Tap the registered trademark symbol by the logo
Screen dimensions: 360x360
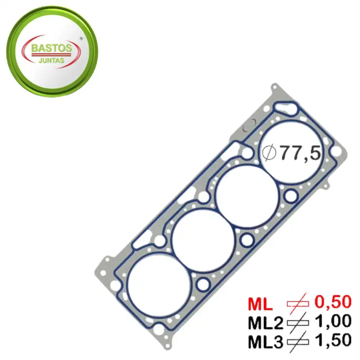click(81, 38)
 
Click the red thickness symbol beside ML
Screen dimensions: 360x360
click(297, 303)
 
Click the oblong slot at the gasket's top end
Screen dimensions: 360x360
click(285, 107)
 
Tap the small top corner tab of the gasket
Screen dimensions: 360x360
click(275, 87)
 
